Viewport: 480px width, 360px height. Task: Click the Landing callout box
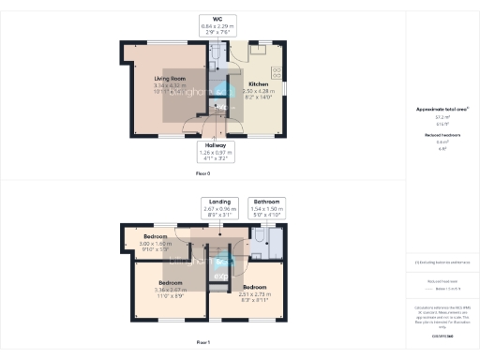(222, 207)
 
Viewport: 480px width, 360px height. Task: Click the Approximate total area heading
(442, 110)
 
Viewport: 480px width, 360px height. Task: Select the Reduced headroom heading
(442, 134)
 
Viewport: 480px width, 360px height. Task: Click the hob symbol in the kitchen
(277, 72)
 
